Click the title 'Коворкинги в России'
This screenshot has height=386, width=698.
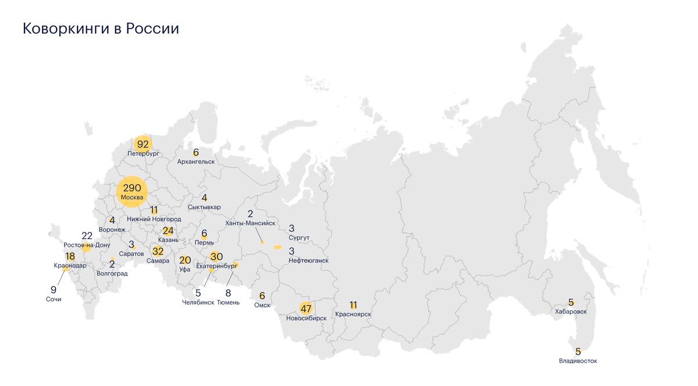[101, 28]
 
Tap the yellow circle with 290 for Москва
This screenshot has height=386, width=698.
[132, 191]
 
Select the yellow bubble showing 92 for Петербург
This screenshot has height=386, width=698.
[143, 144]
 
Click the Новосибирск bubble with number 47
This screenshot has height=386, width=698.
[306, 308]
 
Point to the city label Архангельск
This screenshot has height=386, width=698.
[196, 161]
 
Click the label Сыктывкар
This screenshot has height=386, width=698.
[204, 207]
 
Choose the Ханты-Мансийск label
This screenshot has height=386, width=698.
[250, 223]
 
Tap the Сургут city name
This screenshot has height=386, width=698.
[298, 238]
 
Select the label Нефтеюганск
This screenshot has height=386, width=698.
[308, 260]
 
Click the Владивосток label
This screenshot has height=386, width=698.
[578, 361]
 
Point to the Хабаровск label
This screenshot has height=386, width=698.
[571, 312]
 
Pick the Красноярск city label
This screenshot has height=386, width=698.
[353, 314]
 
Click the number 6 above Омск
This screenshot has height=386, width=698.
[262, 296]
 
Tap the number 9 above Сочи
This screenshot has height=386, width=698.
[54, 289]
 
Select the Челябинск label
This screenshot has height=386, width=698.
[198, 302]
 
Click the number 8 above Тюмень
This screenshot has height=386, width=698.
[228, 293]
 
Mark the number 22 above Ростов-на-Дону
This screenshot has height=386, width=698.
[87, 235]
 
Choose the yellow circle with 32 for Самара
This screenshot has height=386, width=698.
[158, 252]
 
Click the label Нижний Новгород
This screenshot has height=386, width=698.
[154, 219]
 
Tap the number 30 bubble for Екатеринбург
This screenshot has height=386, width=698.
[216, 256]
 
